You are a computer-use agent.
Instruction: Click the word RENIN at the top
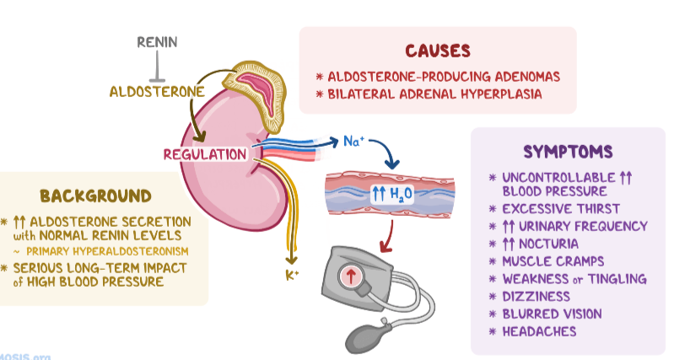[158, 42]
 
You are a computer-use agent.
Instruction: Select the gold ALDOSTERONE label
[156, 91]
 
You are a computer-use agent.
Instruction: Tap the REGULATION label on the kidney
[205, 154]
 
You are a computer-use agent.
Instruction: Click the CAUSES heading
[437, 51]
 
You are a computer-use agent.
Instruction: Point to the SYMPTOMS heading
[567, 152]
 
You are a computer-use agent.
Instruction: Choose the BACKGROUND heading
[95, 196]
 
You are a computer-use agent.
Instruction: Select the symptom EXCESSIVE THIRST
[560, 208]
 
